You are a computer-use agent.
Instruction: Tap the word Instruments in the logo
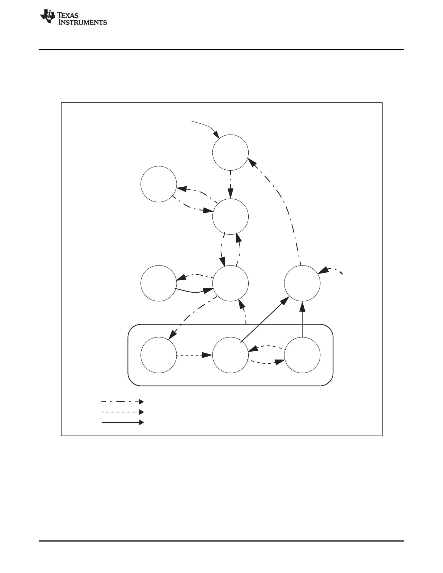[83, 22]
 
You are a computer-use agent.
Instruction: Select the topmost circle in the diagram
[230, 152]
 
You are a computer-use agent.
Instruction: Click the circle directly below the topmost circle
[230, 217]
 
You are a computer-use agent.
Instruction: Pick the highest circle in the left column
[159, 184]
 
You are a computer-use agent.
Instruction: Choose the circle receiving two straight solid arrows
[302, 283]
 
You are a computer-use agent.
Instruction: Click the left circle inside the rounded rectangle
[159, 355]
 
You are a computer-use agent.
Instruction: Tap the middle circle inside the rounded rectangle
[230, 355]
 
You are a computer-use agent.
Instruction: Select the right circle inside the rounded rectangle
[302, 355]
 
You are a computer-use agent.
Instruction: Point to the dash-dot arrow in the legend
[122, 402]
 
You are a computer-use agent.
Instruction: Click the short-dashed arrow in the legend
[122, 412]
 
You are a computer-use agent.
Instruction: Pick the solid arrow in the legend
[122, 422]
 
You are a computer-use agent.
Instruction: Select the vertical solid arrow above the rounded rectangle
[302, 320]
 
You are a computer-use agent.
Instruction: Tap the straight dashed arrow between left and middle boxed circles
[194, 355]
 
